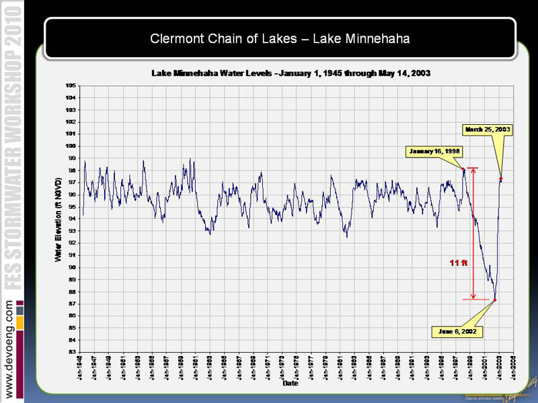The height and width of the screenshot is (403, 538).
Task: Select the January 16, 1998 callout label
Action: [434, 151]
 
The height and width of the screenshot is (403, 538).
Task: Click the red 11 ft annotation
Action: [458, 263]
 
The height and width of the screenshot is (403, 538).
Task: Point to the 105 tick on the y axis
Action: [70, 85]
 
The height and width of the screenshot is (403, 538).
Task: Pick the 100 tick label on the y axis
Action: [70, 146]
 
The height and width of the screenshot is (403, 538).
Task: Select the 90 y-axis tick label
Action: [71, 267]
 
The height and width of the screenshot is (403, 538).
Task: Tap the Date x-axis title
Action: [290, 384]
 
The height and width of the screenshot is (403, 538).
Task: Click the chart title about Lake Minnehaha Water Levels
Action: [291, 72]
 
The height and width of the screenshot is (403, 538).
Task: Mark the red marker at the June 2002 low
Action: [495, 300]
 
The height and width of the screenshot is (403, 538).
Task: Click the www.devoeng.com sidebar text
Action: [11, 349]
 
